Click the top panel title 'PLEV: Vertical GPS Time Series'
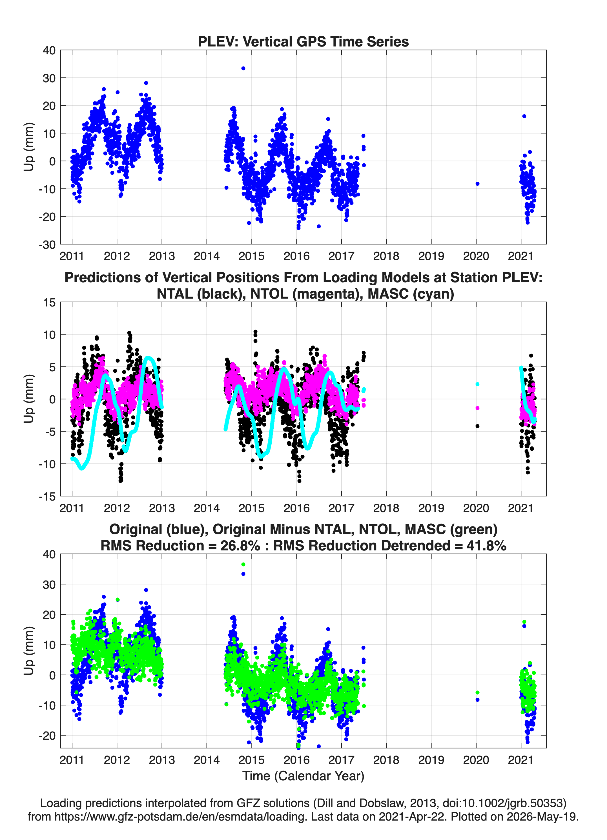(x=303, y=41)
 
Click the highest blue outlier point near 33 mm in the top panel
(x=243, y=68)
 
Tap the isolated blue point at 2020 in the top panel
(x=477, y=184)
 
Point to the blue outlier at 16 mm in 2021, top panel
(x=524, y=116)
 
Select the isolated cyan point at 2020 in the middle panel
(x=477, y=384)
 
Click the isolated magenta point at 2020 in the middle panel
(x=477, y=408)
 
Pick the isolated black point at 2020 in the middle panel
(x=477, y=426)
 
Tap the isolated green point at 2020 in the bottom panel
(x=477, y=692)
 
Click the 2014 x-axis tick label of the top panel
(x=207, y=256)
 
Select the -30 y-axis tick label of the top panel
(x=47, y=245)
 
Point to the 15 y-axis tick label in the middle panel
(x=49, y=302)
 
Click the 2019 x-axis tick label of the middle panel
(x=431, y=508)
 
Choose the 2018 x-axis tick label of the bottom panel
(x=386, y=760)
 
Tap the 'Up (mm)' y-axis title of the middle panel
(x=29, y=399)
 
